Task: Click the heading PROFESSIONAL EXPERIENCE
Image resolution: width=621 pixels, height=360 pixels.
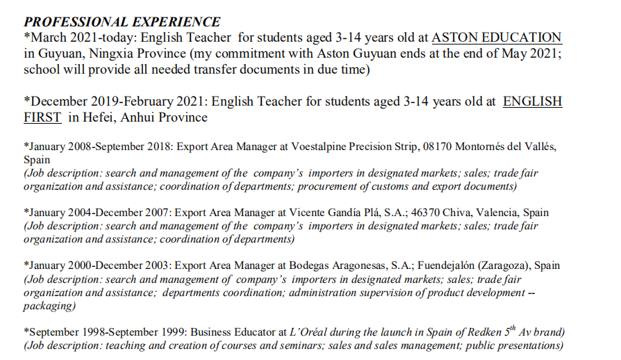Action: click(x=122, y=22)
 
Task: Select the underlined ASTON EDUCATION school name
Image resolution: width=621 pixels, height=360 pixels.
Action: click(x=497, y=38)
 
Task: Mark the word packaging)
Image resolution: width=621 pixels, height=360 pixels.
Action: click(x=49, y=305)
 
